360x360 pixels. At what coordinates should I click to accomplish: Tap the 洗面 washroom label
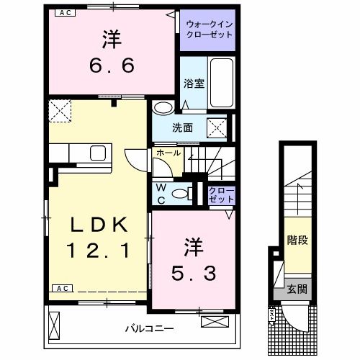(181, 127)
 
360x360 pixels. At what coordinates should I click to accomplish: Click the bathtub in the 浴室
(220, 82)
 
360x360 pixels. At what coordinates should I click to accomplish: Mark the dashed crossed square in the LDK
(59, 112)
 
